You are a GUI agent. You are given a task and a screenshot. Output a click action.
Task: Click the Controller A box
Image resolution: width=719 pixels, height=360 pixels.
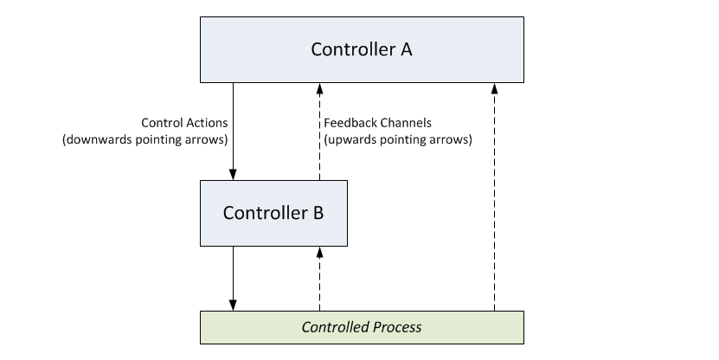pos(362,50)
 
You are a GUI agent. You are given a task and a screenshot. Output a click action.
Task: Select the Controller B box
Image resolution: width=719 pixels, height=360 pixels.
pos(273,213)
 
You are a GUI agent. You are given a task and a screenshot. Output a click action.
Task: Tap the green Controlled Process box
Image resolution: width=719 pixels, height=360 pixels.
pos(362,327)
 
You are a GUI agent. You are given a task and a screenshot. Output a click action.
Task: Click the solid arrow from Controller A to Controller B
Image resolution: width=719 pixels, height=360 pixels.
pos(233,132)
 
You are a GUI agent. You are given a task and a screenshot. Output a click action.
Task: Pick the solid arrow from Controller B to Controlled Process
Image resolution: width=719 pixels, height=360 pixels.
pos(233,279)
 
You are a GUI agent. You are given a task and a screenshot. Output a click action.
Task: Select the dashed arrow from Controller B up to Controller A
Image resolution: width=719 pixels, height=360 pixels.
pos(319,132)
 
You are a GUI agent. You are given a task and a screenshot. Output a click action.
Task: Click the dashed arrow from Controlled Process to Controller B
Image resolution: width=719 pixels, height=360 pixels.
pos(319,279)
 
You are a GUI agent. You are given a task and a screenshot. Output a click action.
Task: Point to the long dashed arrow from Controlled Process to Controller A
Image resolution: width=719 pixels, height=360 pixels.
pos(494,197)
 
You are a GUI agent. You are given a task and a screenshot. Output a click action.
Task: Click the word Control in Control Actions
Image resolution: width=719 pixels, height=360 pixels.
pos(159,123)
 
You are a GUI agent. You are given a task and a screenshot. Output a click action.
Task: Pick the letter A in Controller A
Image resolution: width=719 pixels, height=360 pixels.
pos(407,49)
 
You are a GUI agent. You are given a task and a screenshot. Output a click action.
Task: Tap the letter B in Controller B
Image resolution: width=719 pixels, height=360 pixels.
pos(318,213)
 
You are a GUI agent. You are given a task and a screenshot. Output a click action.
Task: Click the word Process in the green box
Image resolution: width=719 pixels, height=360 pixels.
pos(396,327)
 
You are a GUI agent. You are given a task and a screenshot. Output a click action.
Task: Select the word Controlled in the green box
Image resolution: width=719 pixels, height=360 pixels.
pos(336,327)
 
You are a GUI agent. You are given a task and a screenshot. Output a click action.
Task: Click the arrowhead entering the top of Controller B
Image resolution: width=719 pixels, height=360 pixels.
pos(233,175)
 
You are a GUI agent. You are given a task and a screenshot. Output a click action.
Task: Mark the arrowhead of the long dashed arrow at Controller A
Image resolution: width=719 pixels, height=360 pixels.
pos(494,88)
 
